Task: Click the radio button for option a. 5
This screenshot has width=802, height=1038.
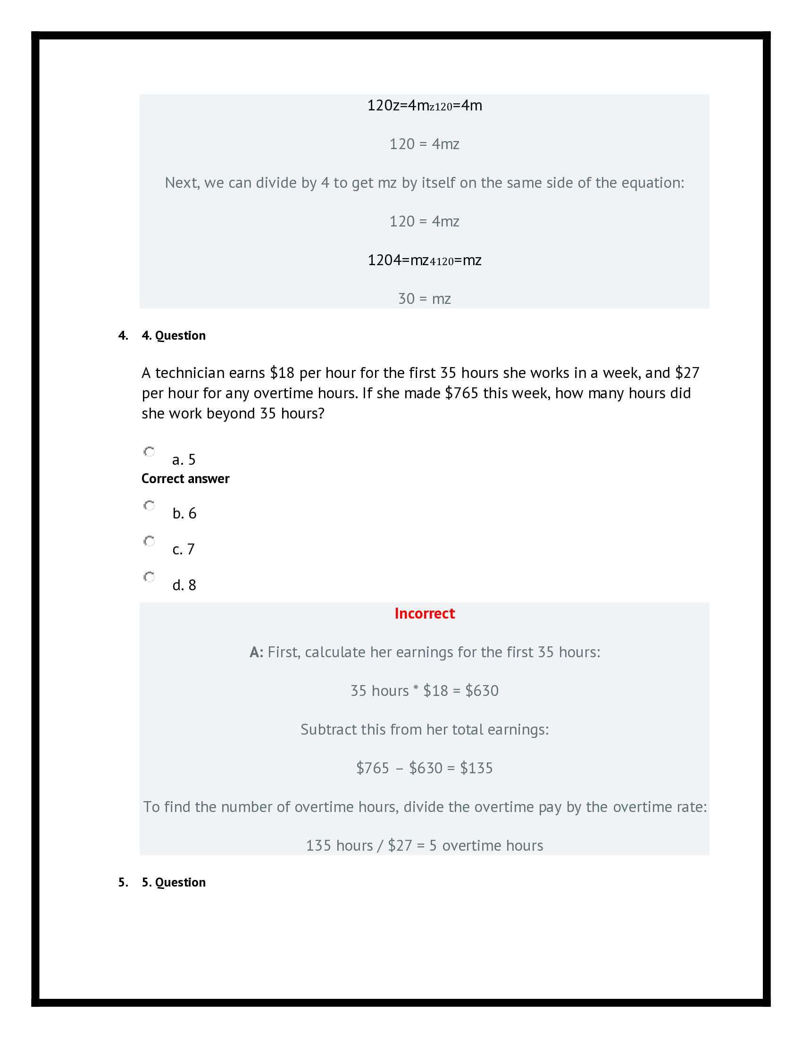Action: pyautogui.click(x=149, y=452)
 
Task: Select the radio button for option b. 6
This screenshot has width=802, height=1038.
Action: pyautogui.click(x=149, y=505)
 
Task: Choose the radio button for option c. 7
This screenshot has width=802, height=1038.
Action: pyautogui.click(x=149, y=541)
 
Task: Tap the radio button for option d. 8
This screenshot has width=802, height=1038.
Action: pyautogui.click(x=149, y=577)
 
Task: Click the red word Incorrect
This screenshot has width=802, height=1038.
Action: pyautogui.click(x=424, y=613)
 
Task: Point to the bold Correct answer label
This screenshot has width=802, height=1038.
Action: pyautogui.click(x=185, y=478)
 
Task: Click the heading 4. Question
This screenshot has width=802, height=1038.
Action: pyautogui.click(x=174, y=335)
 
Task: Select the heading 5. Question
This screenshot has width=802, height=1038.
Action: pyautogui.click(x=174, y=882)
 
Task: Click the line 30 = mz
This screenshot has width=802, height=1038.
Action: pyautogui.click(x=424, y=299)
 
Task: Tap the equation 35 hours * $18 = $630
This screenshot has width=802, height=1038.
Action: pyautogui.click(x=424, y=691)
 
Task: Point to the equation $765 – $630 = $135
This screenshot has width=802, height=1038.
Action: pyautogui.click(x=424, y=768)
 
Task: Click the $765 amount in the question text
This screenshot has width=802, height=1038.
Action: pyautogui.click(x=461, y=393)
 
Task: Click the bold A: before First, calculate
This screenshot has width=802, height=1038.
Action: pyautogui.click(x=257, y=652)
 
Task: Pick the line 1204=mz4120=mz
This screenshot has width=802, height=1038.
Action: pyautogui.click(x=424, y=260)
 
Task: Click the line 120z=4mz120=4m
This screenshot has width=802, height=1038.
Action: pyautogui.click(x=424, y=106)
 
